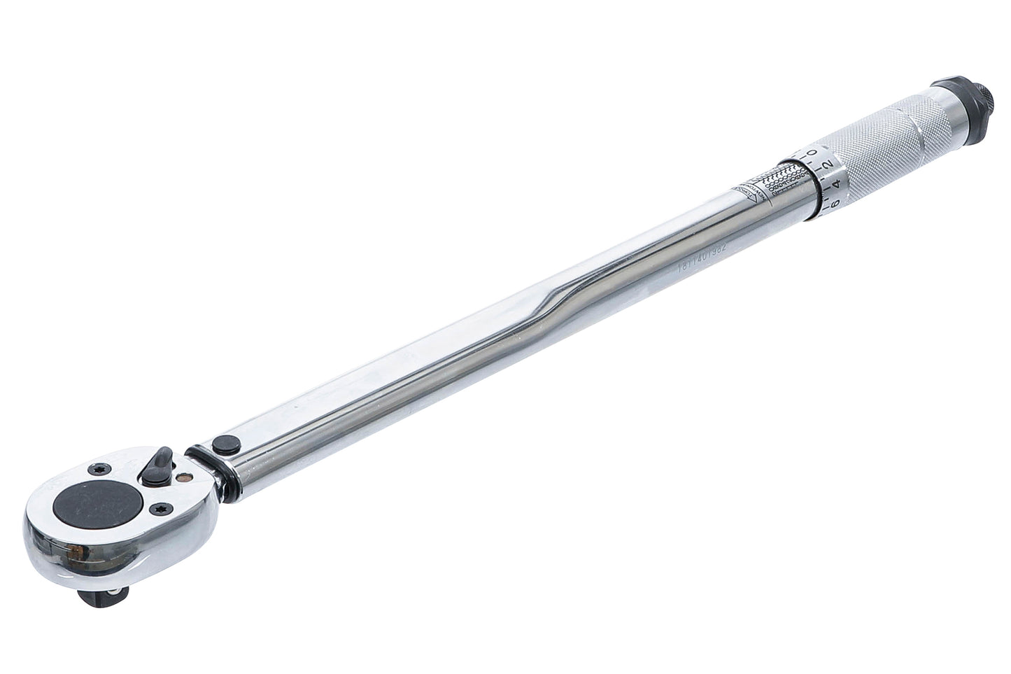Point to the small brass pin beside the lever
pos(183,477)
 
